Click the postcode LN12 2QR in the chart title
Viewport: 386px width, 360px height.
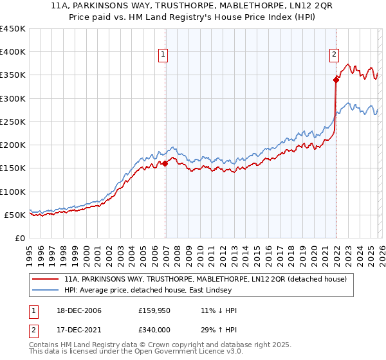point(290,5)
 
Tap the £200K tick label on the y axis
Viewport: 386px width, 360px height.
point(12,145)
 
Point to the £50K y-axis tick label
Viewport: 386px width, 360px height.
point(14,215)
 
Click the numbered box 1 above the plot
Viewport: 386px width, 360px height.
point(164,55)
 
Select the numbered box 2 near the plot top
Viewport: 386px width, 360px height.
point(335,55)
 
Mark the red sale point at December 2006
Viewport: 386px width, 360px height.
point(165,163)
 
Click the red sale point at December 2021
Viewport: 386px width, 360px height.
point(336,80)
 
